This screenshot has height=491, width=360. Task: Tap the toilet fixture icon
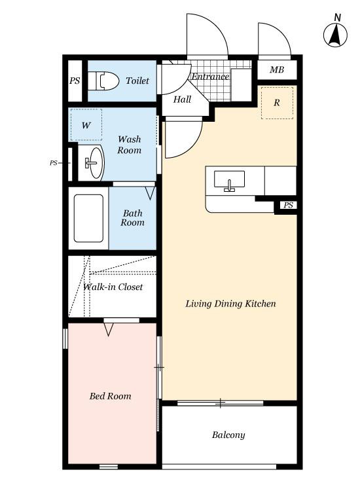(103, 81)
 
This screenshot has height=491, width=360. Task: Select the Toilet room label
(137, 81)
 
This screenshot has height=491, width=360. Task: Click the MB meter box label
(277, 69)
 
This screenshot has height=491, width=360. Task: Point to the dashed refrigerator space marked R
(277, 103)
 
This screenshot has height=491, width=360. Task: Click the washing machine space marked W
(86, 125)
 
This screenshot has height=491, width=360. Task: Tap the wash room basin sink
(93, 162)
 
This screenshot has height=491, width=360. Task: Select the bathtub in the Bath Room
(88, 218)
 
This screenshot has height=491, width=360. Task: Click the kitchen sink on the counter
(230, 180)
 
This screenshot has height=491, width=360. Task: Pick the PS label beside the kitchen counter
(288, 205)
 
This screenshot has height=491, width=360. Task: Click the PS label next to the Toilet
(75, 81)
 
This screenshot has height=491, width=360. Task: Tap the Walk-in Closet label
(113, 287)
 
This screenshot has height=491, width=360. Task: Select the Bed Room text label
(110, 396)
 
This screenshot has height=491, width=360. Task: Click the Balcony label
(228, 435)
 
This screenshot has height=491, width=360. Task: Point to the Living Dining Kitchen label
(230, 303)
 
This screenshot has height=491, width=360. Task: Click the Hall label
(182, 100)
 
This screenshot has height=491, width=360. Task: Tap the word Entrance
(210, 77)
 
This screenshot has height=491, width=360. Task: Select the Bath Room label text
(133, 217)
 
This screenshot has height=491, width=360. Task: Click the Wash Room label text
(130, 145)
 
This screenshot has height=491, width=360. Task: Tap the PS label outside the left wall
(54, 163)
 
